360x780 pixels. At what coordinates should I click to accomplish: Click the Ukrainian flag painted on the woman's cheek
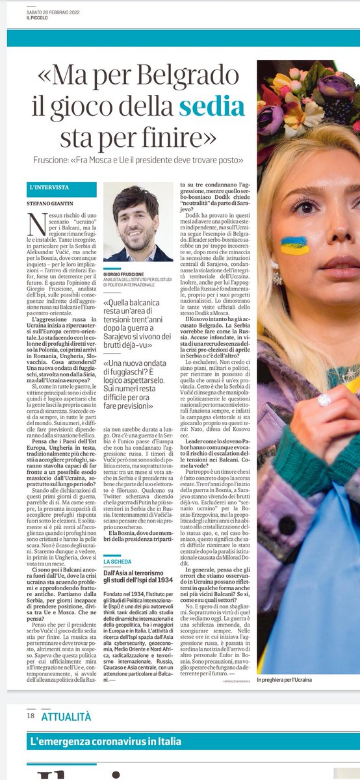(x=296, y=244)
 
